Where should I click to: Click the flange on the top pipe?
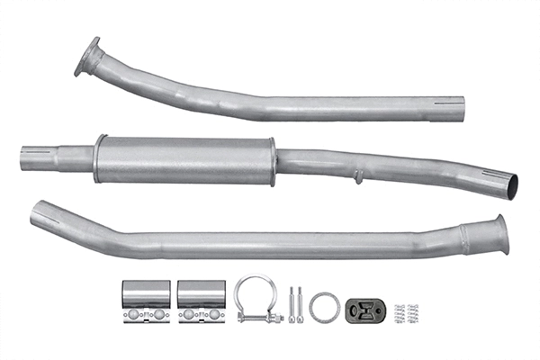coord(88,58)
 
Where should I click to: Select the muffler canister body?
coord(184,160)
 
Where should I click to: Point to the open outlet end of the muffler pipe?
coord(510,184)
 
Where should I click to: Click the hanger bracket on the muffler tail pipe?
coord(358,176)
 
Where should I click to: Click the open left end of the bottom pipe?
coord(39,214)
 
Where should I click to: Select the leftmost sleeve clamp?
coord(146,301)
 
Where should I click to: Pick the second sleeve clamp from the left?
coord(201,301)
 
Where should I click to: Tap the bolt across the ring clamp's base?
coord(260,317)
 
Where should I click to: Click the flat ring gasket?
coord(324,306)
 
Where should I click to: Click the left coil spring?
coord(400,312)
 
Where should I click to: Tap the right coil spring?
coord(413,312)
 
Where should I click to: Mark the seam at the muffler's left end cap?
coord(98,159)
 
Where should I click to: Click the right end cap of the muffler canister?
coord(272,163)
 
